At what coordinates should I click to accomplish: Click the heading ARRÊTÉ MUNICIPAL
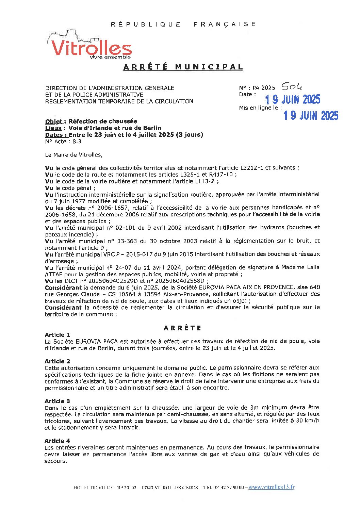click(x=183, y=67)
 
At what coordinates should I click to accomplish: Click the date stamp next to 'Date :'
click(x=293, y=99)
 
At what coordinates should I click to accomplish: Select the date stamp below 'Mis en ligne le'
click(x=311, y=116)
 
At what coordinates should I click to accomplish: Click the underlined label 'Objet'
click(x=54, y=121)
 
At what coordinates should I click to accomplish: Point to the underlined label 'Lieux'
click(x=53, y=128)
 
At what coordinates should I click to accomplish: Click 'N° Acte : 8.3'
click(x=63, y=142)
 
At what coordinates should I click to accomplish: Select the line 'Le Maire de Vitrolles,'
click(x=73, y=155)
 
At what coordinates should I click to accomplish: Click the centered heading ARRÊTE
click(x=183, y=328)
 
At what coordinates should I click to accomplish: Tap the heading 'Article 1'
click(x=57, y=335)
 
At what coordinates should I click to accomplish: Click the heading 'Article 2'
click(x=57, y=361)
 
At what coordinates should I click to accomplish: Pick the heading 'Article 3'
click(x=57, y=401)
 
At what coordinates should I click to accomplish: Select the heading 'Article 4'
click(x=57, y=441)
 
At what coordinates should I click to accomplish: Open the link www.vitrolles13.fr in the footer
click(x=271, y=487)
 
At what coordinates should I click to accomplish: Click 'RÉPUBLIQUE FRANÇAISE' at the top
click(x=183, y=24)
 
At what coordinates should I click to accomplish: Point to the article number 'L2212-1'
click(x=252, y=168)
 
